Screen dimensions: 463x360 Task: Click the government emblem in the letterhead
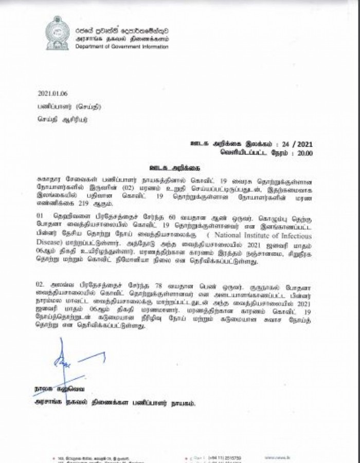(x=57, y=33)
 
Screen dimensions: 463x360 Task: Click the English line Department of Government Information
(x=121, y=47)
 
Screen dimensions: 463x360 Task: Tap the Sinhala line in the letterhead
(x=122, y=30)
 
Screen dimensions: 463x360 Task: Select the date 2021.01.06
(x=52, y=94)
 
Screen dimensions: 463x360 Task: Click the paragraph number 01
(x=41, y=216)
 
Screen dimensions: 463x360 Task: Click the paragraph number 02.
(x=41, y=284)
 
